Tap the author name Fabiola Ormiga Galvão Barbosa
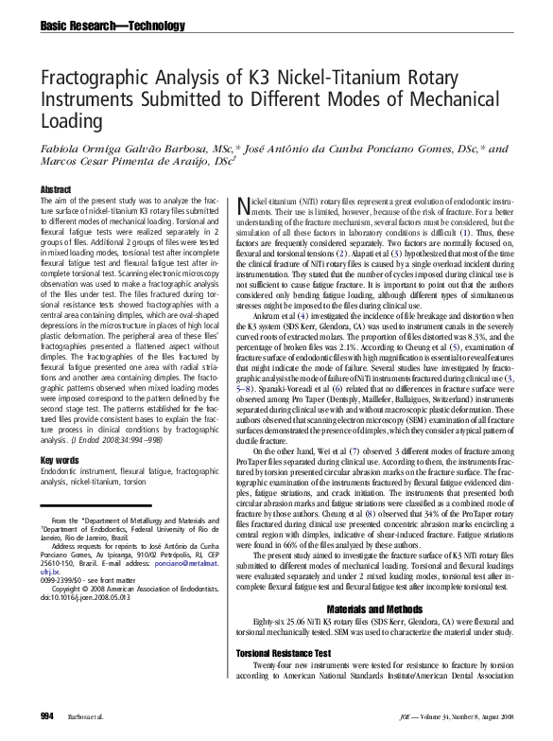(125, 149)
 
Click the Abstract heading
(56, 189)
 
